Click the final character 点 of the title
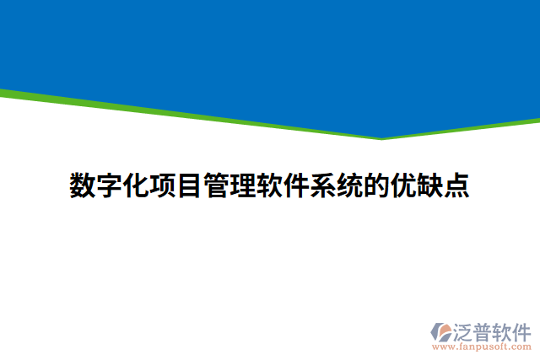(456, 185)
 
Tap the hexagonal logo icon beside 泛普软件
(441, 332)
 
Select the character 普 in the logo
(483, 330)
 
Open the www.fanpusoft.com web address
(482, 346)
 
